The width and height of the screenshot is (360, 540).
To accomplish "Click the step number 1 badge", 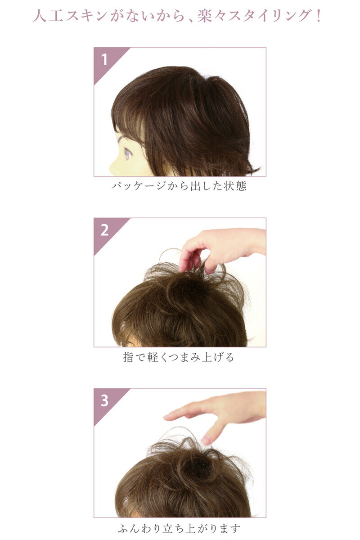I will [104, 59].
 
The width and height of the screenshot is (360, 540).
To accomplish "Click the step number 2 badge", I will [104, 230].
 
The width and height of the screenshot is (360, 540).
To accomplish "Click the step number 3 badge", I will [104, 400].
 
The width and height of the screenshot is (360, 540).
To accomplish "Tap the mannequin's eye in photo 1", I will [127, 154].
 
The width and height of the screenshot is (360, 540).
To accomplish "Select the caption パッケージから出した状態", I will [179, 186].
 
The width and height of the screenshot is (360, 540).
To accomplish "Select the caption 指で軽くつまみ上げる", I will [179, 358].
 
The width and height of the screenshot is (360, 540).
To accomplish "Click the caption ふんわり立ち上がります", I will [179, 528].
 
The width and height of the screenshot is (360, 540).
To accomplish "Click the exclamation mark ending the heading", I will [318, 16].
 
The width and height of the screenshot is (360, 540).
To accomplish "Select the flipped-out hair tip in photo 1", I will [252, 171].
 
